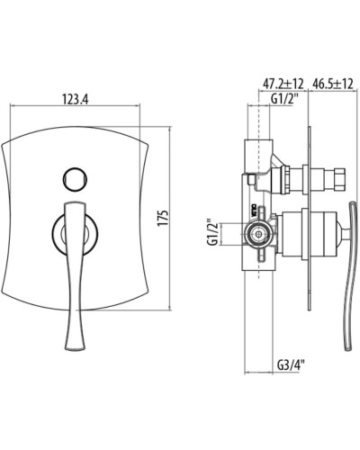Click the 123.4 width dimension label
(75, 99)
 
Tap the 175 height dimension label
(163, 218)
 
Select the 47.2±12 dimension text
(283, 84)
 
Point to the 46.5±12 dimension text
(332, 84)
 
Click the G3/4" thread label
(291, 364)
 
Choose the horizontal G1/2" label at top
(285, 99)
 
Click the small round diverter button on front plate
(75, 179)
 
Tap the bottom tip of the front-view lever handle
(75, 349)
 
